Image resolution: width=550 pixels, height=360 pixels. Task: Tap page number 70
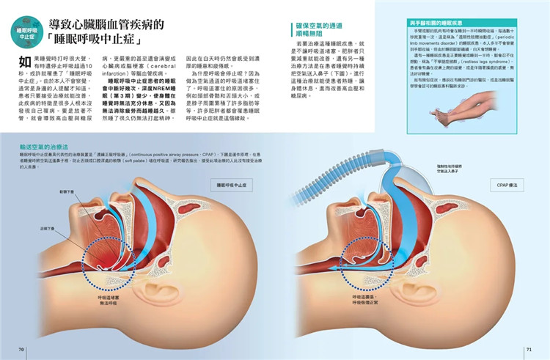[x=22, y=349]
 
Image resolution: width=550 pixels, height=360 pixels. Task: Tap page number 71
[x=528, y=349]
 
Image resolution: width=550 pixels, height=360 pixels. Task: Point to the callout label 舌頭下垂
[x=46, y=228]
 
